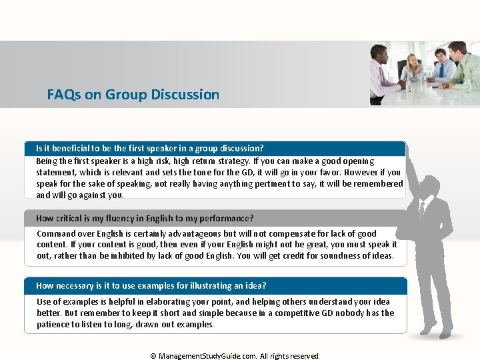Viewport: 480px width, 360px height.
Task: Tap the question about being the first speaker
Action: (x=150, y=148)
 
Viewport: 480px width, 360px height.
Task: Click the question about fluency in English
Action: (x=145, y=218)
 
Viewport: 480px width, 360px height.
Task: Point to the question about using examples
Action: (x=151, y=285)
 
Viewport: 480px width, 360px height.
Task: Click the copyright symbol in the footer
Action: (x=153, y=356)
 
